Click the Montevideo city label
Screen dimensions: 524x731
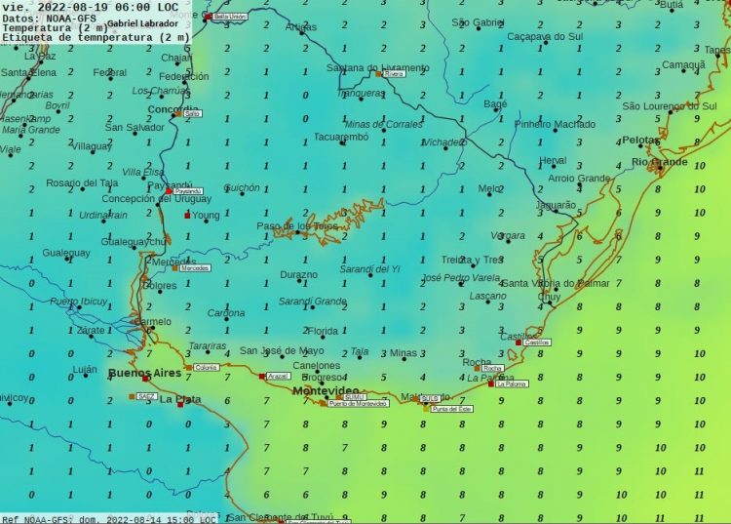[326, 390]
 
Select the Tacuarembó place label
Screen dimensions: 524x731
[340, 138]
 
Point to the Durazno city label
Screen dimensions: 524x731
[299, 274]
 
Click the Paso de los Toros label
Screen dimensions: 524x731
[297, 226]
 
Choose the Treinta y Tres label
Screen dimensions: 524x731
[472, 260]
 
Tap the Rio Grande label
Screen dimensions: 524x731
[659, 161]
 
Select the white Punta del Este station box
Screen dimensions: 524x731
[451, 409]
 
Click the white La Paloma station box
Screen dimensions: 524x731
[511, 384]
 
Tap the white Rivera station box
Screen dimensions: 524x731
[394, 73]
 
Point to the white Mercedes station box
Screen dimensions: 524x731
[195, 267]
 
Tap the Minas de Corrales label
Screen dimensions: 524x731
[384, 124]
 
